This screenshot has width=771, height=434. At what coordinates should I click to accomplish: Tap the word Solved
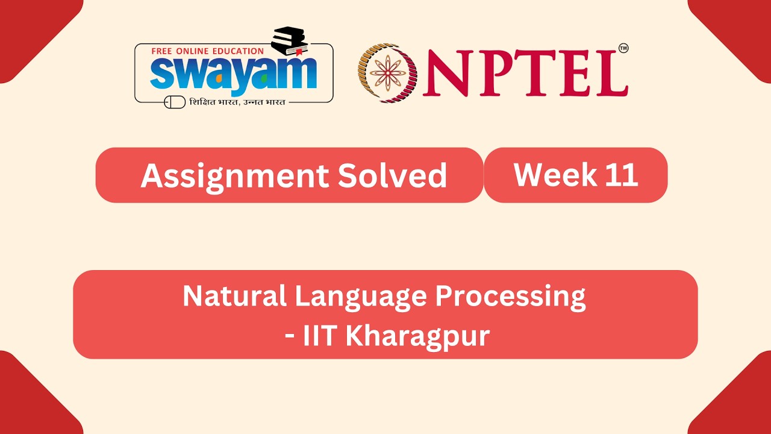click(x=392, y=175)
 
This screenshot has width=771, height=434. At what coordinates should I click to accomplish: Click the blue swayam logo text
click(x=233, y=73)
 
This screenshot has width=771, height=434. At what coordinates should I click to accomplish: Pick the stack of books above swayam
click(x=290, y=41)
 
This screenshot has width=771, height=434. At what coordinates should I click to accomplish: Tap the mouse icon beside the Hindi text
click(x=175, y=102)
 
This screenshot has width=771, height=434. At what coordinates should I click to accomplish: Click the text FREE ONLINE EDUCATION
click(x=207, y=51)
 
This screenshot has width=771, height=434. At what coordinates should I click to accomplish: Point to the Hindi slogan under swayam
click(x=237, y=102)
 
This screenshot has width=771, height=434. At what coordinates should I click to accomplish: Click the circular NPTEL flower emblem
click(x=388, y=72)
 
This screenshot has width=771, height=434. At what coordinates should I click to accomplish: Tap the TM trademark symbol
click(x=623, y=49)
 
